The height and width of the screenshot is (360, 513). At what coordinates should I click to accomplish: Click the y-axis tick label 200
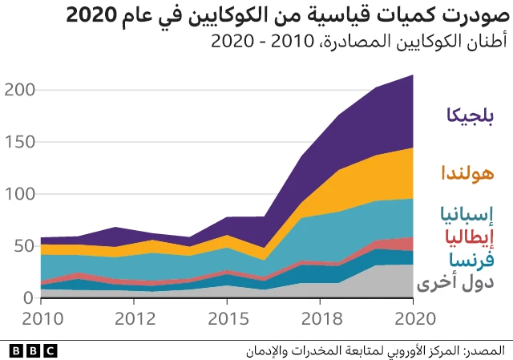18,90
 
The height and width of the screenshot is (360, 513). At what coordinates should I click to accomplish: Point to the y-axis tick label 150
18,142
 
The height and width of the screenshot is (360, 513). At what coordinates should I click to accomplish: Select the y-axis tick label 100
18,194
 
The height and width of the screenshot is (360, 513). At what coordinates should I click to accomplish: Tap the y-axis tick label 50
23,246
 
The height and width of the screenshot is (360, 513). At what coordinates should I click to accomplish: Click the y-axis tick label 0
28,297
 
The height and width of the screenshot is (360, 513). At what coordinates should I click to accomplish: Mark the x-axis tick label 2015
227,319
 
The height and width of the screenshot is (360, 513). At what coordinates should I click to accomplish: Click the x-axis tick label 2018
320,319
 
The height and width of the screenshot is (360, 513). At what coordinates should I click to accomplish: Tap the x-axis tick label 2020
413,319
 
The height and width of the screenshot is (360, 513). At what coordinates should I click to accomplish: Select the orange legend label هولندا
467,172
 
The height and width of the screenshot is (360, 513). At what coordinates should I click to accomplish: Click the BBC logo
33,350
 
